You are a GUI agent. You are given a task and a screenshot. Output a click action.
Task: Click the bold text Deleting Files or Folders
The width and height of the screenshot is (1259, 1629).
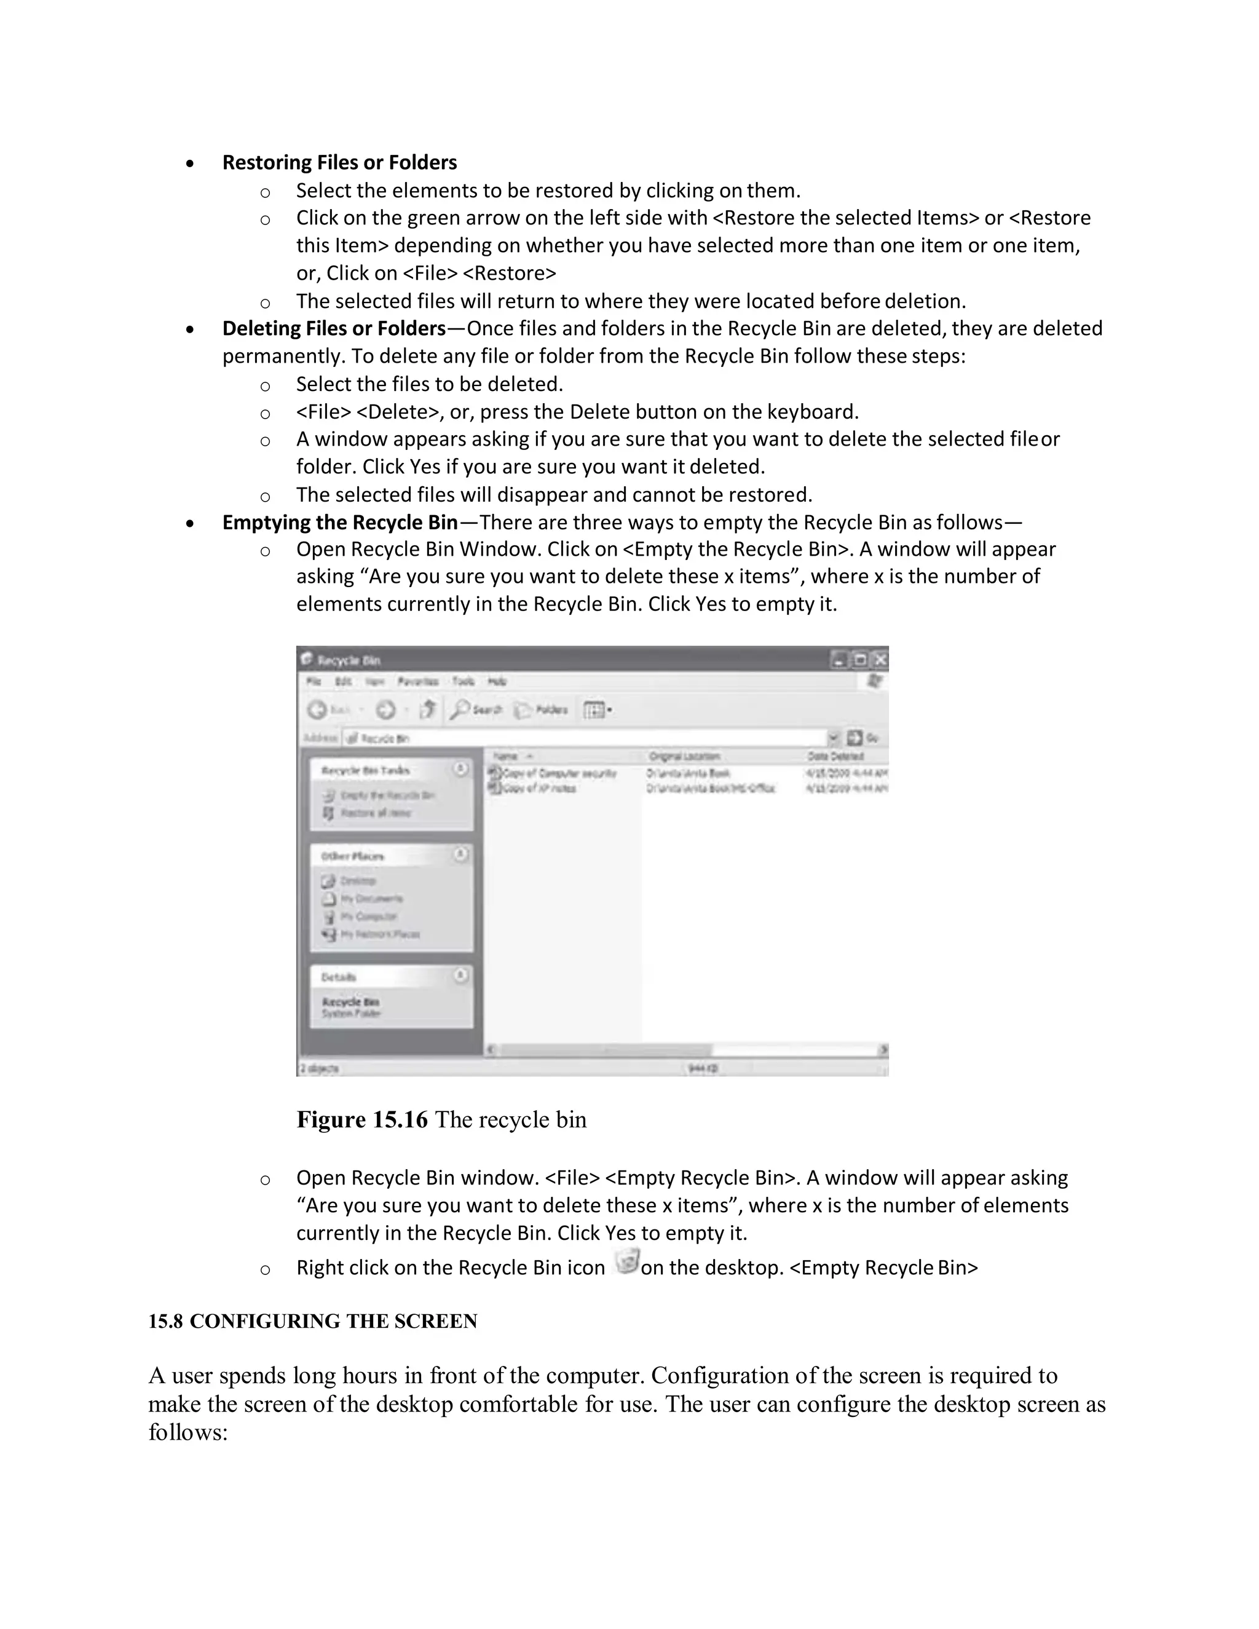(333, 328)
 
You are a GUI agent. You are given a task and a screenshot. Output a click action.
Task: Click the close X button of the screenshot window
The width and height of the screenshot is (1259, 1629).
(880, 660)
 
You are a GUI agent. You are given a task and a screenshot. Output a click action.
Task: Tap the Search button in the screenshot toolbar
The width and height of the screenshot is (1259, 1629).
(476, 709)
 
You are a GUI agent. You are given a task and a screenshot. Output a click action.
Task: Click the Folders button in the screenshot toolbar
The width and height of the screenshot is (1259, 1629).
(542, 709)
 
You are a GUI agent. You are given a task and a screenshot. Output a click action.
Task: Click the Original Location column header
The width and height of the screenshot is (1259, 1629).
(684, 755)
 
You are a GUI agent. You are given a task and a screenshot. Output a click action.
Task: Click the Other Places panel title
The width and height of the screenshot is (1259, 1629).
(352, 856)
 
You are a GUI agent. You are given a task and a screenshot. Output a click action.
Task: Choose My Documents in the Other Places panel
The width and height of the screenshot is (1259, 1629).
(371, 898)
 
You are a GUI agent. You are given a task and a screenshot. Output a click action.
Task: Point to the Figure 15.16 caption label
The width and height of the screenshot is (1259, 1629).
(361, 1119)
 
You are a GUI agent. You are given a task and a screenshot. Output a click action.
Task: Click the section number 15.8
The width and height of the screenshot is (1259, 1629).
(165, 1321)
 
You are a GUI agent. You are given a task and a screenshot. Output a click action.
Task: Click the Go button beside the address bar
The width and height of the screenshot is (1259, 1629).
(862, 738)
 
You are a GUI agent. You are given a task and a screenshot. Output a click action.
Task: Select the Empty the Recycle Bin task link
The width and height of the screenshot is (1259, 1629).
(386, 795)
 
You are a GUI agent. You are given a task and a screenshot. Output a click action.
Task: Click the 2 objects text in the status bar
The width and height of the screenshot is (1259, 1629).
(319, 1069)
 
